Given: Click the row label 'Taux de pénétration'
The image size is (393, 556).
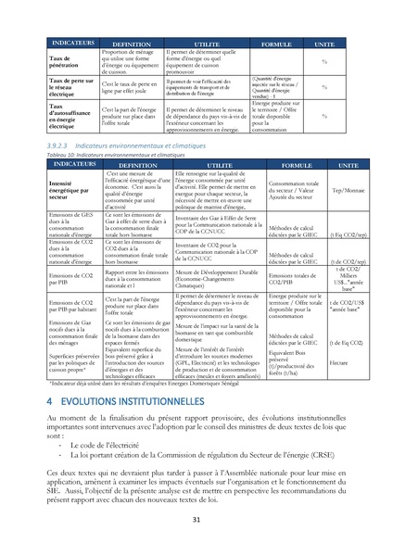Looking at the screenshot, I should pos(65,61).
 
